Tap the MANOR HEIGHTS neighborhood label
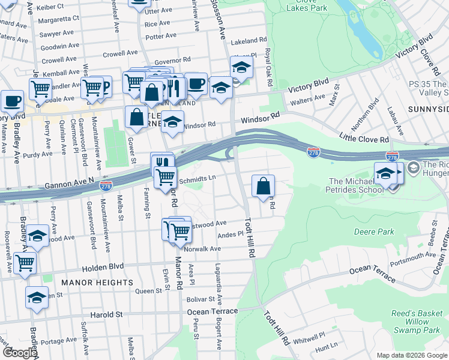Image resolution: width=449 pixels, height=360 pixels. coord(97,282)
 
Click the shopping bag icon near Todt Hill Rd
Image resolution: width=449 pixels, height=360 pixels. coord(263,186)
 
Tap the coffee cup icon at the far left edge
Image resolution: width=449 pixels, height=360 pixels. coord(12,101)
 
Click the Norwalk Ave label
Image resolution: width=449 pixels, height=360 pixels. coord(203,248)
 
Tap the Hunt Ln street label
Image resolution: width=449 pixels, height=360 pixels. coord(327,347)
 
